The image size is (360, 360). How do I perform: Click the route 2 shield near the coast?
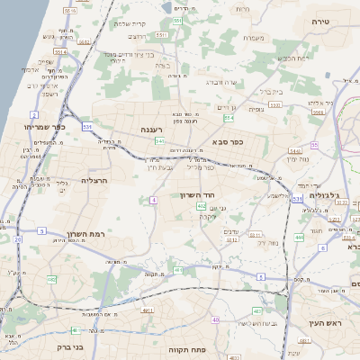pos(33,115)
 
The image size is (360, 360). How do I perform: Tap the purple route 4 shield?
pos(155,200)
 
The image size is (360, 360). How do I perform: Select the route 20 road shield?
pos(18,239)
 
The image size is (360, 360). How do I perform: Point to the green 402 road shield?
pos(201,207)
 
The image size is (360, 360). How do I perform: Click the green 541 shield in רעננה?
pos(159,141)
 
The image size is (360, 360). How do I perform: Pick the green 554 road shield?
pos(229,118)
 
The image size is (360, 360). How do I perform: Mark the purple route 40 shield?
pos(215,319)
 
